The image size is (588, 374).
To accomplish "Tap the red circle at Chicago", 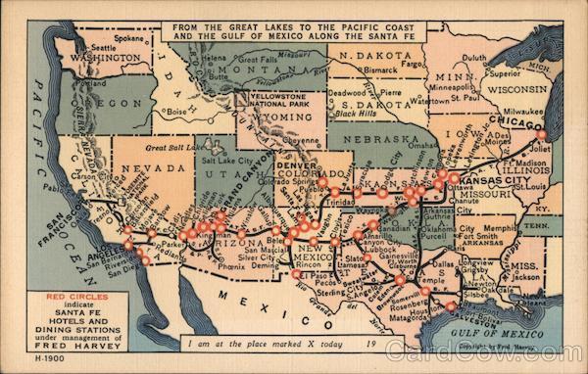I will click(540, 136).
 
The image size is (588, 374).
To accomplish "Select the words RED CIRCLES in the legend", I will click(62, 295).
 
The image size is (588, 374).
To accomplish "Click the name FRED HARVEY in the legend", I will click(63, 346).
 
